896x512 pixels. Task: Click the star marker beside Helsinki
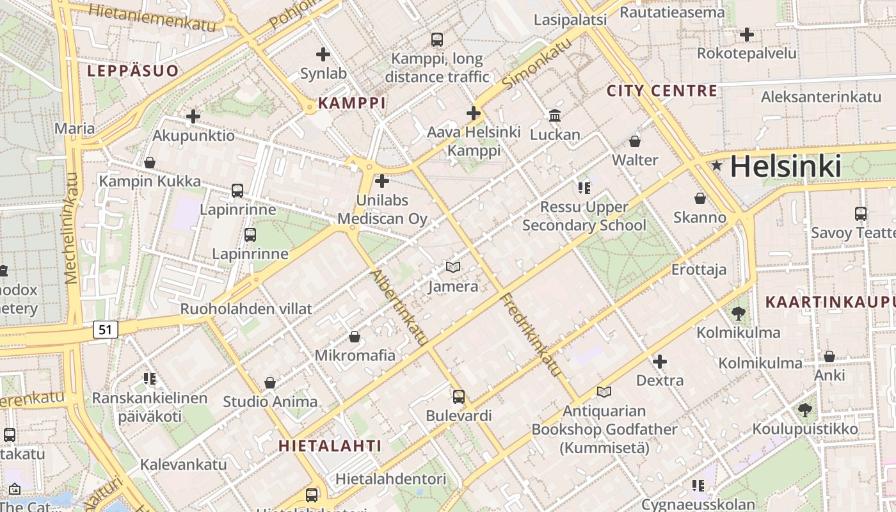pyautogui.click(x=717, y=166)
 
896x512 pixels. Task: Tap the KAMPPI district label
pyautogui.click(x=352, y=103)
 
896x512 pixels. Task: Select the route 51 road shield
pyautogui.click(x=106, y=330)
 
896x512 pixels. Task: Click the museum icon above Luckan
pyautogui.click(x=555, y=116)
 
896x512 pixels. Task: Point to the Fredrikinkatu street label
pyautogui.click(x=531, y=335)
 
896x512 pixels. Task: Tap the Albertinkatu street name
pyautogui.click(x=398, y=307)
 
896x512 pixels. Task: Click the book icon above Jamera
pyautogui.click(x=453, y=267)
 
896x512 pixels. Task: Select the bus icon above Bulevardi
pyautogui.click(x=459, y=396)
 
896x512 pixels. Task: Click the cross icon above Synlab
pyautogui.click(x=323, y=54)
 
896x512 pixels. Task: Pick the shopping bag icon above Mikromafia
pyautogui.click(x=355, y=336)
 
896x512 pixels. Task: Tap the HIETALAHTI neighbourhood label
pyautogui.click(x=330, y=446)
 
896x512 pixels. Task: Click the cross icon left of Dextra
pyautogui.click(x=660, y=362)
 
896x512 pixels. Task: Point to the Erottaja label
pyautogui.click(x=699, y=269)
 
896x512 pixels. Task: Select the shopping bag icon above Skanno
pyautogui.click(x=700, y=198)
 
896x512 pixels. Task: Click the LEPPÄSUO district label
pyautogui.click(x=133, y=71)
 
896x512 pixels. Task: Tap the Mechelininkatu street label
pyautogui.click(x=72, y=228)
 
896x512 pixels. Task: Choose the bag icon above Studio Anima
pyautogui.click(x=270, y=383)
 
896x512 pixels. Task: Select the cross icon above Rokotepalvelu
pyautogui.click(x=746, y=35)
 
